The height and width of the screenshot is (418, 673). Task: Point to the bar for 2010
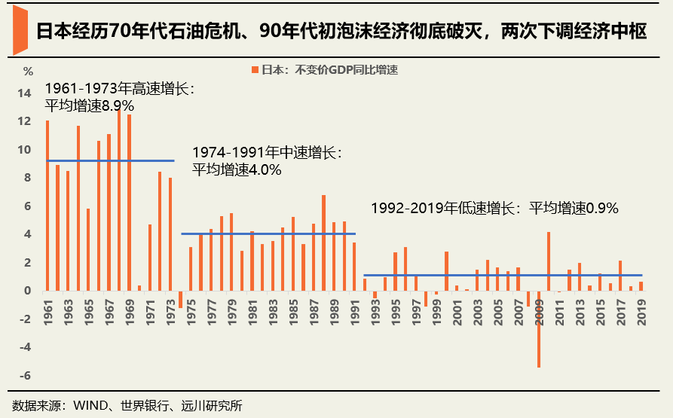pyautogui.click(x=549, y=261)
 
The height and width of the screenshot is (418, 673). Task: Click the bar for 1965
pyautogui.click(x=88, y=249)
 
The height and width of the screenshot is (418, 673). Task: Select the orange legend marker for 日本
pyautogui.click(x=255, y=70)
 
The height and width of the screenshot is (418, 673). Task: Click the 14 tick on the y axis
pyautogui.click(x=25, y=93)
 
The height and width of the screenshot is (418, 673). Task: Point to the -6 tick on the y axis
pyautogui.click(x=25, y=376)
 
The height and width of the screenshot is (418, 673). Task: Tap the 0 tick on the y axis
pyautogui.click(x=27, y=291)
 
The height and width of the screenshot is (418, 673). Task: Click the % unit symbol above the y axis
pyautogui.click(x=28, y=72)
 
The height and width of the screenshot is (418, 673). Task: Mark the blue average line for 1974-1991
pyautogui.click(x=268, y=233)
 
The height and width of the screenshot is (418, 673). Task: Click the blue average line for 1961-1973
pyautogui.click(x=110, y=160)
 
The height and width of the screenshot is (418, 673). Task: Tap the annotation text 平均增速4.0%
pyautogui.click(x=237, y=170)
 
